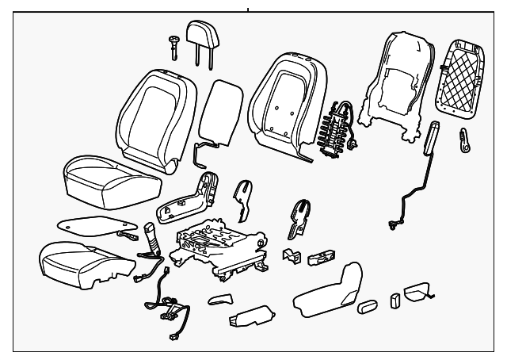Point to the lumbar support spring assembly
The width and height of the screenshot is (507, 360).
337,129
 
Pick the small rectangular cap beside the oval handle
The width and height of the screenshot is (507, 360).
394,300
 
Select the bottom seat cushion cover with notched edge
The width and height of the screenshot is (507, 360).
79,262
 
